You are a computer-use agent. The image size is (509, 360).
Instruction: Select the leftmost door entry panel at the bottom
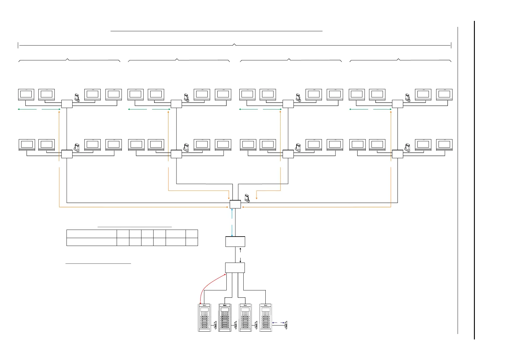(x=204, y=318)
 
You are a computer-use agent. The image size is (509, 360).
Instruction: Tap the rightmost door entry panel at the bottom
(x=266, y=318)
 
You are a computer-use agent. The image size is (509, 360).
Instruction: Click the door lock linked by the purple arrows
(x=286, y=326)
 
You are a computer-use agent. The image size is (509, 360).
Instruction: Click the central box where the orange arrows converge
(x=235, y=204)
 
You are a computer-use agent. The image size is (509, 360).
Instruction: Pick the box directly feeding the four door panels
(x=235, y=268)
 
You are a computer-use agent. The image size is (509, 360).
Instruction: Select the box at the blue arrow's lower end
(x=235, y=242)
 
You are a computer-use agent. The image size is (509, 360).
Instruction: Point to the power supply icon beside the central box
(x=247, y=198)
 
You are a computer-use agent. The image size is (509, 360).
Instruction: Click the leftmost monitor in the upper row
(x=26, y=94)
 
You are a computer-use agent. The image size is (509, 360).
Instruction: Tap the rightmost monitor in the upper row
(x=444, y=94)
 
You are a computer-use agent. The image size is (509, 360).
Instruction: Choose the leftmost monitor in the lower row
(x=27, y=145)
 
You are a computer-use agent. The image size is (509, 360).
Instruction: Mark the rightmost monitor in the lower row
(x=444, y=145)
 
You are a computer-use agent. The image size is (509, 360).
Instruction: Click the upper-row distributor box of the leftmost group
(x=67, y=104)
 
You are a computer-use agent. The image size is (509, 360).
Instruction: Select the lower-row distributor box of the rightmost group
(x=397, y=154)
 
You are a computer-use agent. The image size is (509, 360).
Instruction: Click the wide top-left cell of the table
(x=92, y=234)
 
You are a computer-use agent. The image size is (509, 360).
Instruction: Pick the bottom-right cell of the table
(x=192, y=242)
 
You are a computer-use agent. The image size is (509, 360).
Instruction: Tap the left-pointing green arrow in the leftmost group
(x=27, y=109)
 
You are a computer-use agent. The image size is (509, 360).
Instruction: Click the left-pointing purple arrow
(x=275, y=323)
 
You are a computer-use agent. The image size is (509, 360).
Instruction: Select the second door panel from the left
(x=225, y=318)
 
